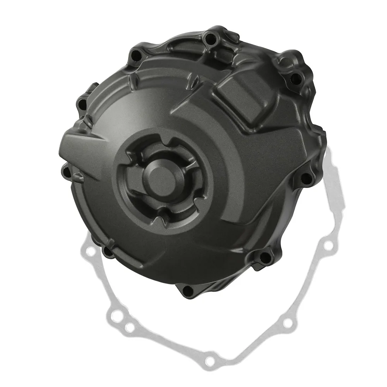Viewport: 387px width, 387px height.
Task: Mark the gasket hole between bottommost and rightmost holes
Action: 286,323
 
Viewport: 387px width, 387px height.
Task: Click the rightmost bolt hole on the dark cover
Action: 306,178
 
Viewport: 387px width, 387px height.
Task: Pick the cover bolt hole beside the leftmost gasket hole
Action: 107,252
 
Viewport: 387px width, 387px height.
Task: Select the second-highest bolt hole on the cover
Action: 136,55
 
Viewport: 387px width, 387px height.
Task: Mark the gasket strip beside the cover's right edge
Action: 334,182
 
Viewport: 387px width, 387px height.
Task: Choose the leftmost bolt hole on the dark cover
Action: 65,169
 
